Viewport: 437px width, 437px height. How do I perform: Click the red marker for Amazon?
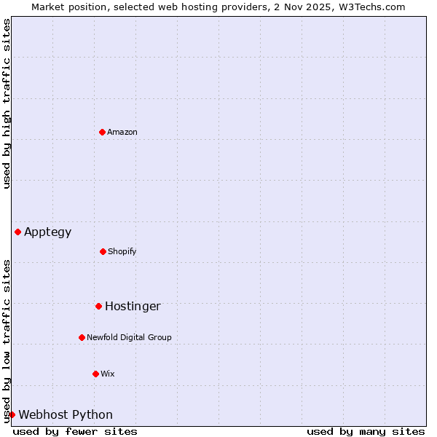pyautogui.click(x=102, y=132)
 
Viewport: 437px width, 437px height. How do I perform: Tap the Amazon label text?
pyautogui.click(x=122, y=133)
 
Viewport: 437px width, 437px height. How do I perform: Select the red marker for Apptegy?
pyautogui.click(x=17, y=232)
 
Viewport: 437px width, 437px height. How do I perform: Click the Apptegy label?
pyautogui.click(x=48, y=232)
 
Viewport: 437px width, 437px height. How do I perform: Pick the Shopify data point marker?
pyautogui.click(x=103, y=251)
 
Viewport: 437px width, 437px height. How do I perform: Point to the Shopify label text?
pyautogui.click(x=122, y=252)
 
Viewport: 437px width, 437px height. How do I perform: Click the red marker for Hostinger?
pyautogui.click(x=98, y=306)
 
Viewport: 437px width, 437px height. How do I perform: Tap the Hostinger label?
pyautogui.click(x=133, y=307)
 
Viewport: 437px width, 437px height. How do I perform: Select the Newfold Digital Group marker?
pyautogui.click(x=82, y=337)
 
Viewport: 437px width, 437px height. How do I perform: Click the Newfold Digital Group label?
pyautogui.click(x=129, y=338)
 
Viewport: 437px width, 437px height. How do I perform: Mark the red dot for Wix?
pyautogui.click(x=95, y=374)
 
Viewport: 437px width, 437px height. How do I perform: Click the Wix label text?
pyautogui.click(x=108, y=374)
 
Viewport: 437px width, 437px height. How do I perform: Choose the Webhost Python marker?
pyautogui.click(x=12, y=414)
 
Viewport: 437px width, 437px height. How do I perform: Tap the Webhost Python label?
pyautogui.click(x=66, y=415)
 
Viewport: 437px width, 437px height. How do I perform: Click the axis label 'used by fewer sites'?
pyautogui.click(x=75, y=431)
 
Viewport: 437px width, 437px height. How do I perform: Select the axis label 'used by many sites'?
pyautogui.click(x=366, y=431)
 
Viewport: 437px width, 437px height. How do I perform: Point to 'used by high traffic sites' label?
pyautogui.click(x=7, y=103)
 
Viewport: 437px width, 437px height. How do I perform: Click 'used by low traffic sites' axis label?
pyautogui.click(x=7, y=341)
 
